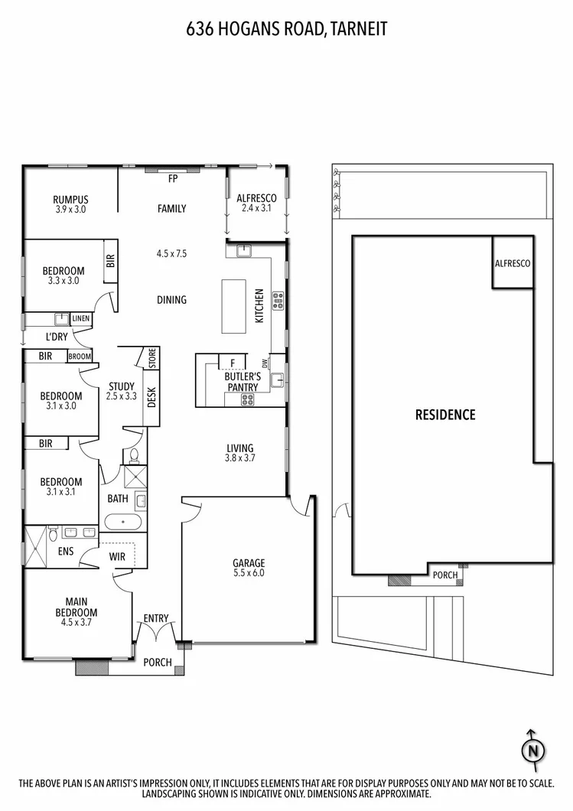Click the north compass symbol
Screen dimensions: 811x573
(532, 750)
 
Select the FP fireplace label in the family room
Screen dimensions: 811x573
(173, 179)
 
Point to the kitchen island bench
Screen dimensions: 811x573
(234, 306)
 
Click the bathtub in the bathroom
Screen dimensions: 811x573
(122, 523)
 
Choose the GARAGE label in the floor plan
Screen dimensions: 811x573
(249, 563)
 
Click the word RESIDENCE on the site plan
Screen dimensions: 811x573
(444, 415)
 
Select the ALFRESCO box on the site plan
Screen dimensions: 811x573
(512, 263)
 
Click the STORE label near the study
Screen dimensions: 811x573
(151, 357)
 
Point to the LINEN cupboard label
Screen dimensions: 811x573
(80, 318)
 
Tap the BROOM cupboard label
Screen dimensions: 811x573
(80, 357)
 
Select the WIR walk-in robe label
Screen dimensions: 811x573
(118, 556)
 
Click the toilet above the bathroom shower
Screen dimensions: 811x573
(134, 457)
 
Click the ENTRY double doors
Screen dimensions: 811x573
(157, 633)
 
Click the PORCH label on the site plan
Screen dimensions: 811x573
(445, 575)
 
